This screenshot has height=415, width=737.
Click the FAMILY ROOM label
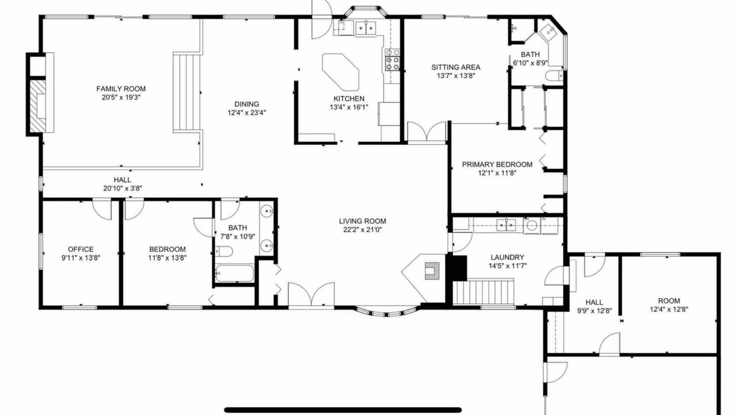[121, 89]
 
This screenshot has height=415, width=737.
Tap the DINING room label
[246, 104]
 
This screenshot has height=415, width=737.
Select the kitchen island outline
[340, 72]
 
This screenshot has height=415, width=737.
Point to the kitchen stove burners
[393, 59]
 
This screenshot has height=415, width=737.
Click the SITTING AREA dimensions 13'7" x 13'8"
[455, 76]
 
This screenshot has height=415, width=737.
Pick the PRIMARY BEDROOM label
[497, 164]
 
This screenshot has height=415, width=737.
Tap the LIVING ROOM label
[362, 221]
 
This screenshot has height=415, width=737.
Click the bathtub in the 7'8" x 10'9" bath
[234, 273]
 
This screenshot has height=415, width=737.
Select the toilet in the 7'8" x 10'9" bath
[224, 251]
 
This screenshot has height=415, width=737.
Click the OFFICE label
[81, 250]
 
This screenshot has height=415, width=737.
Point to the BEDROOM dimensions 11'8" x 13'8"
[167, 258]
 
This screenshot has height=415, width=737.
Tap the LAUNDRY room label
[507, 257]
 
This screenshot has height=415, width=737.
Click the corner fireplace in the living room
[432, 271]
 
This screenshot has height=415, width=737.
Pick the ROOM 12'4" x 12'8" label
[669, 301]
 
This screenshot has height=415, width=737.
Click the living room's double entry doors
[311, 295]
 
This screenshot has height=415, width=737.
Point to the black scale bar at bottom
[343, 410]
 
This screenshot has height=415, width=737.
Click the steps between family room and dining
[187, 92]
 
